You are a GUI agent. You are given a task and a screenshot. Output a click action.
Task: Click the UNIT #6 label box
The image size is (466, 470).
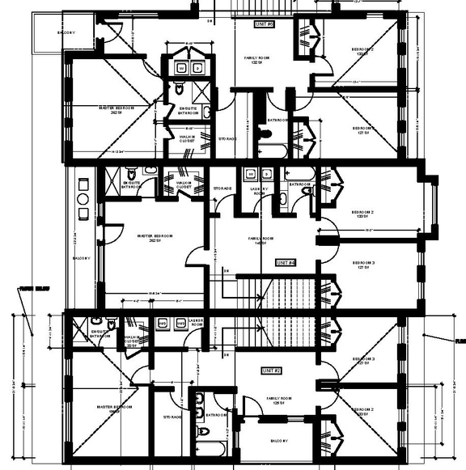tap(265, 25)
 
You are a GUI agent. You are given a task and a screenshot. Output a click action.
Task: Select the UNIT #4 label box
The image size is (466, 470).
tap(286, 263)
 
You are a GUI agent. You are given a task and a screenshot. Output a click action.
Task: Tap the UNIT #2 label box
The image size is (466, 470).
tap(270, 370)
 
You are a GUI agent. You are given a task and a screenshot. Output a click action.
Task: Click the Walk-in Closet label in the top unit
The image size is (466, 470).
tap(192, 138)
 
